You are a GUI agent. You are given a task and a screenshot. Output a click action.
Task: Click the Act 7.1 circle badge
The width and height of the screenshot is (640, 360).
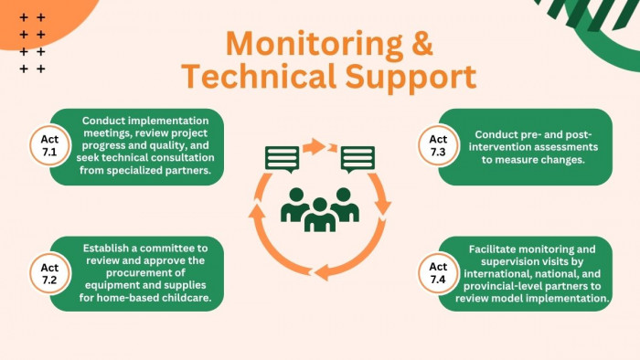[x=49, y=145]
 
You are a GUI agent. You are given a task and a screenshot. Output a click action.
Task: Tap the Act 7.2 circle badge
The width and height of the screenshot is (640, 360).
[x=49, y=273]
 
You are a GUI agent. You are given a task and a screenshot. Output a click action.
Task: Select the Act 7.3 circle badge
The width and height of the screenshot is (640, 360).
[x=438, y=145]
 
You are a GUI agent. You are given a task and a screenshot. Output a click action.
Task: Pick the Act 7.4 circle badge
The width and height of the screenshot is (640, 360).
[x=438, y=273]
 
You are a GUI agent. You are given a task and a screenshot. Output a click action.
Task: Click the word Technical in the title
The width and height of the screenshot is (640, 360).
[x=259, y=76]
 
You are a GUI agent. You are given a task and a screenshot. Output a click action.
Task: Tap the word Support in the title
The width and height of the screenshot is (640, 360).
[x=411, y=79]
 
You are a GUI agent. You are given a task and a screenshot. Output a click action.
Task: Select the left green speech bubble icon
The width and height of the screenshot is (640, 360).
[x=282, y=159]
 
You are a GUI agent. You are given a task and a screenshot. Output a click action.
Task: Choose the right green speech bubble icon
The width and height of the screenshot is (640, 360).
[x=358, y=159]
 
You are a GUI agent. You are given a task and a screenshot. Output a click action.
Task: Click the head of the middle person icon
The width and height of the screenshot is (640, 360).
[x=320, y=205]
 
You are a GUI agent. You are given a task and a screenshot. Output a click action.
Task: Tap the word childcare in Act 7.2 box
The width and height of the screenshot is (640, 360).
[x=187, y=298]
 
